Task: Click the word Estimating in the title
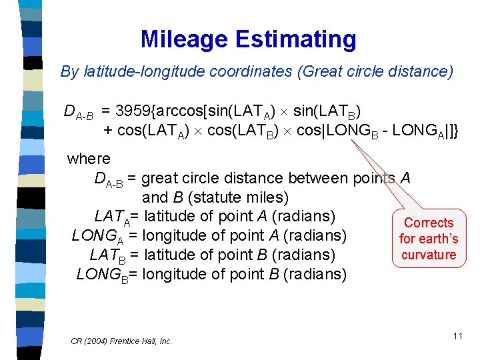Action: pyautogui.click(x=297, y=39)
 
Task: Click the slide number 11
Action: pyautogui.click(x=457, y=336)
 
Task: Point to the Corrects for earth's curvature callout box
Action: pyautogui.click(x=429, y=239)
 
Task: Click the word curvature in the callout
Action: pyautogui.click(x=429, y=255)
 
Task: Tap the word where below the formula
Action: pyautogui.click(x=89, y=159)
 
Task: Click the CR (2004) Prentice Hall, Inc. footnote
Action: pyautogui.click(x=121, y=341)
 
